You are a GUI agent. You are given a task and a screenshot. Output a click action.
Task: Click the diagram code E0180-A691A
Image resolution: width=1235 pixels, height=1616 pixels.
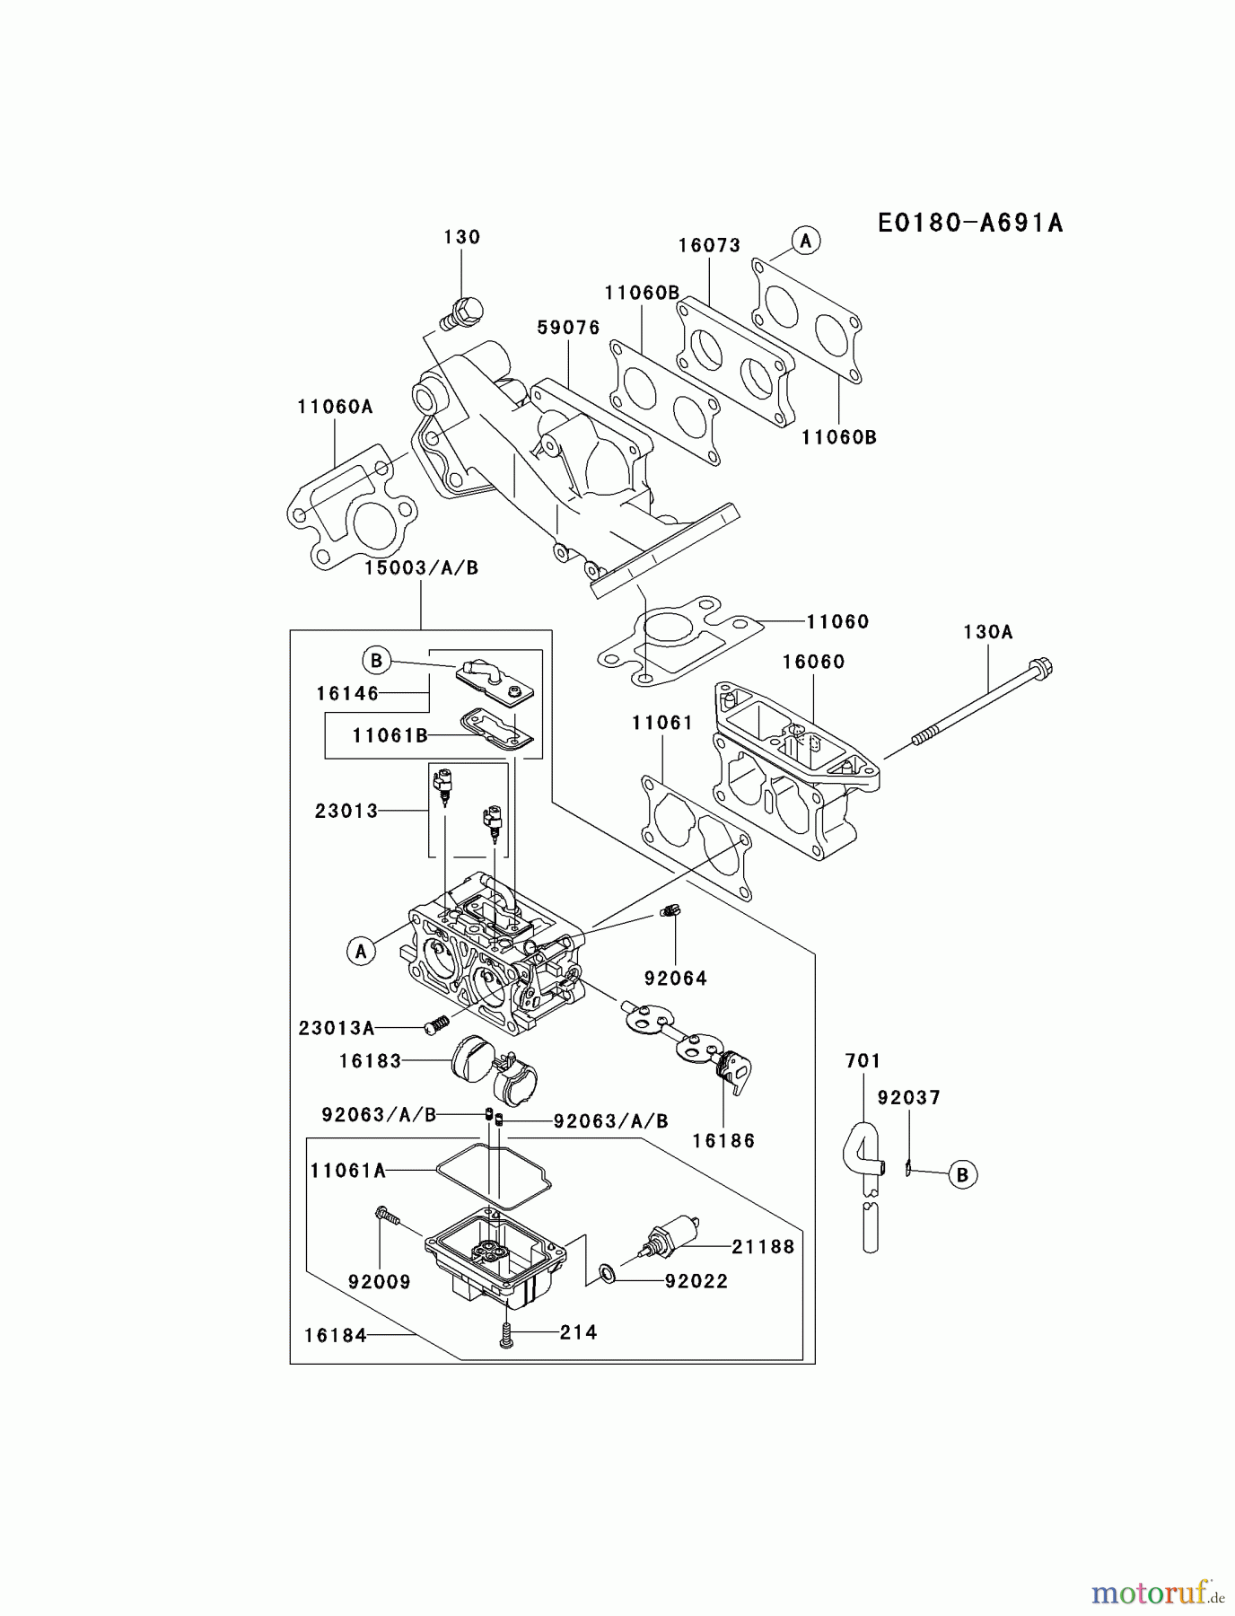pyautogui.click(x=970, y=223)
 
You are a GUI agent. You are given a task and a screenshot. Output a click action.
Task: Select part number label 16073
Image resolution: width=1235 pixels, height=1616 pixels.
pyautogui.click(x=709, y=245)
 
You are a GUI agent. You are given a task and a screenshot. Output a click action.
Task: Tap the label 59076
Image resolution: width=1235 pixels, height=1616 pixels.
pyautogui.click(x=568, y=328)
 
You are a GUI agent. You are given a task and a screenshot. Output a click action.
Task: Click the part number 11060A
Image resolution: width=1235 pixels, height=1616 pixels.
pyautogui.click(x=335, y=407)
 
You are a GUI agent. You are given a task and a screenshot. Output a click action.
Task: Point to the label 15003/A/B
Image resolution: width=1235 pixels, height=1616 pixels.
pyautogui.click(x=421, y=567)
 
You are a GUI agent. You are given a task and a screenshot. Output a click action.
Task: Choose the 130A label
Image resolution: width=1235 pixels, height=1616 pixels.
pyautogui.click(x=987, y=632)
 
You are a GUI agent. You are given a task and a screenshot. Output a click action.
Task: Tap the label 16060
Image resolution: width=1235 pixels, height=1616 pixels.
pyautogui.click(x=813, y=662)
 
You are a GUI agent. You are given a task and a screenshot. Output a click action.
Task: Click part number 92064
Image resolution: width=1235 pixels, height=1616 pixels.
pyautogui.click(x=675, y=978)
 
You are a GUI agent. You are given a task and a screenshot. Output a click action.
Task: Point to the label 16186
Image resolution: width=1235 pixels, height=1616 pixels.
pyautogui.click(x=723, y=1141)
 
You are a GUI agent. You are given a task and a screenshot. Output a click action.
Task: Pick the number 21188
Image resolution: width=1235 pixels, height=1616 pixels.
pyautogui.click(x=763, y=1246)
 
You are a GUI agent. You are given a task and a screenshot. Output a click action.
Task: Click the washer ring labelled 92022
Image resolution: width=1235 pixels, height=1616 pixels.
pyautogui.click(x=607, y=1271)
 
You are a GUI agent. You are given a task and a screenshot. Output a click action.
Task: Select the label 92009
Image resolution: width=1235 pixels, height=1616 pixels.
pyautogui.click(x=379, y=1282)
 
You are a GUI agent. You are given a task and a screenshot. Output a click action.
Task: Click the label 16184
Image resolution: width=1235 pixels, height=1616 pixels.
pyautogui.click(x=335, y=1335)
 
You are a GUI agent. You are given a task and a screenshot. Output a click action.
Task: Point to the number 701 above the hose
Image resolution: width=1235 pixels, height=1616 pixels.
pyautogui.click(x=863, y=1061)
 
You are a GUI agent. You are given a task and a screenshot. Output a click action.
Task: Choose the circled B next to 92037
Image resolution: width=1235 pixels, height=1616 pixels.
pyautogui.click(x=962, y=1174)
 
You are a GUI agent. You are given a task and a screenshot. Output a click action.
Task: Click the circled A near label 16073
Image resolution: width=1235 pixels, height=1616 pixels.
pyautogui.click(x=805, y=241)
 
